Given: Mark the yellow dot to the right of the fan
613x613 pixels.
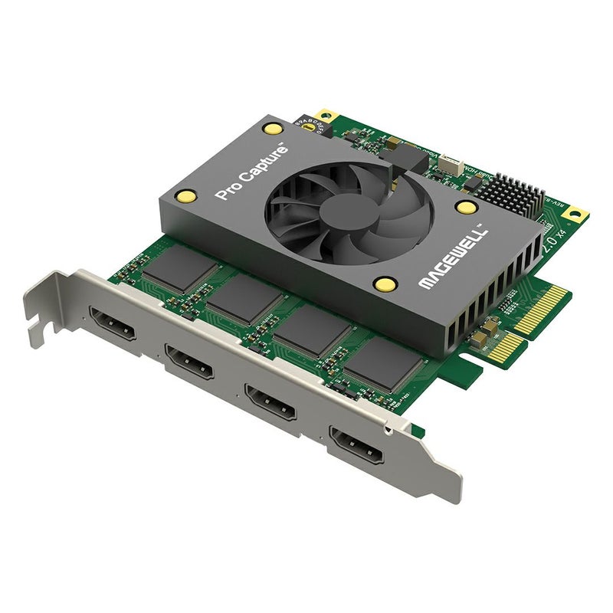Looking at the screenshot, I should pos(464,206).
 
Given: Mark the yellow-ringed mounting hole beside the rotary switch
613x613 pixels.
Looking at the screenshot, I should pos(325,114).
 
